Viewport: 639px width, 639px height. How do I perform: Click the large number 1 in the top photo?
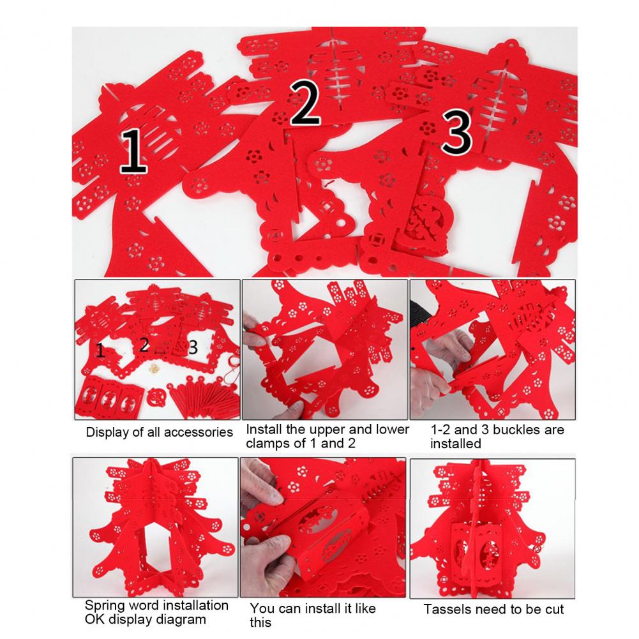pos(133,151)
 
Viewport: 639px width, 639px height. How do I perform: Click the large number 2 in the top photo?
pos(305,102)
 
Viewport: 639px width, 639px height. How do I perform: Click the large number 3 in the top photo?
pos(457,132)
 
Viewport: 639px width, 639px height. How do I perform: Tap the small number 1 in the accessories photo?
pos(100,350)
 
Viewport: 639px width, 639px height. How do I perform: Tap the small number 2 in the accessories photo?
pos(144,345)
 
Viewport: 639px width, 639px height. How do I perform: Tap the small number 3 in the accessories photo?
pos(193,347)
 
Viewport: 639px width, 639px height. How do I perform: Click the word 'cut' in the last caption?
pos(554,610)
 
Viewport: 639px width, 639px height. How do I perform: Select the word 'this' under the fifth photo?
pos(260,622)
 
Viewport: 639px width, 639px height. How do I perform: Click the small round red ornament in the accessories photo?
pos(157,397)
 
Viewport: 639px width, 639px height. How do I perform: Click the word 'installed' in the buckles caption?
pos(456,444)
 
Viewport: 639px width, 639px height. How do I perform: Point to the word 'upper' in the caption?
pos(327,430)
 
